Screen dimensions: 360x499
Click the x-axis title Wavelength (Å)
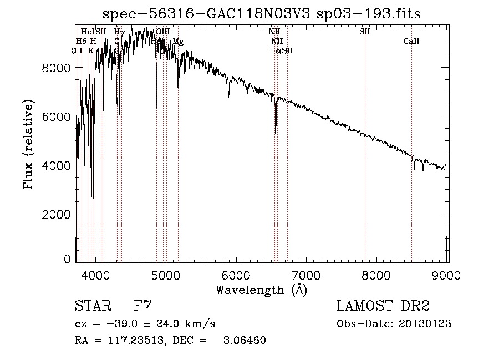[x=261, y=290]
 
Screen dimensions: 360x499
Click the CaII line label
[x=411, y=42]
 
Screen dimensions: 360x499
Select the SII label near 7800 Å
[x=364, y=32]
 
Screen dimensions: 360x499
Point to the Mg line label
[x=177, y=42]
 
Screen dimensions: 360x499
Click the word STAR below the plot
[x=92, y=306]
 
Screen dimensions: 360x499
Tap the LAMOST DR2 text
[x=383, y=306]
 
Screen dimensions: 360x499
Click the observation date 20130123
[x=427, y=324]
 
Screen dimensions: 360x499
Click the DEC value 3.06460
[x=246, y=341]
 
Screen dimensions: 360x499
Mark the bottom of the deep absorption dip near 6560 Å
[x=276, y=134]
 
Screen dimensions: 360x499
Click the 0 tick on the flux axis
[x=67, y=258]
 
